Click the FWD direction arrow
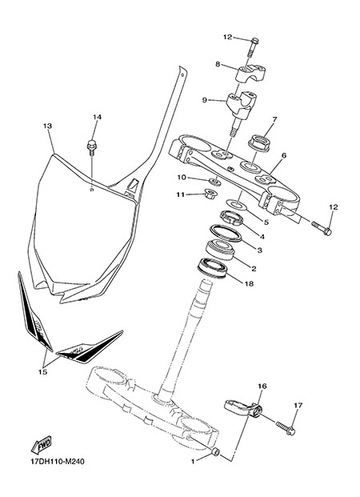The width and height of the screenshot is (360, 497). tap(41, 445)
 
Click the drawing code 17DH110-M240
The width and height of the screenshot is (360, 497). tap(58, 462)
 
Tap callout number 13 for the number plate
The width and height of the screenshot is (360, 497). tap(47, 126)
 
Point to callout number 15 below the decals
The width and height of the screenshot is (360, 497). tap(42, 372)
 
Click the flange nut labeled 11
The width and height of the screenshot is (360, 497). tap(209, 193)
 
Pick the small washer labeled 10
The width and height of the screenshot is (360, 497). tap(215, 182)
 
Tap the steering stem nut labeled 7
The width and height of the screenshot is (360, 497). tap(259, 143)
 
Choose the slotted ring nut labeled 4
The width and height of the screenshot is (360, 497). tap(232, 218)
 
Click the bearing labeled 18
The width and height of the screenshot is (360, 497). tap(212, 268)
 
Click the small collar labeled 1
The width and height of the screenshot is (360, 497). tap(215, 451)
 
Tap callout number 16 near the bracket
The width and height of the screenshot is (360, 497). tap(262, 386)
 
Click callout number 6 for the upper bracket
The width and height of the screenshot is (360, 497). tap(284, 155)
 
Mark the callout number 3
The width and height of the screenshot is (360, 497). tap(260, 251)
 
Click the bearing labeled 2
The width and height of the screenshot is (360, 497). tap(221, 251)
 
